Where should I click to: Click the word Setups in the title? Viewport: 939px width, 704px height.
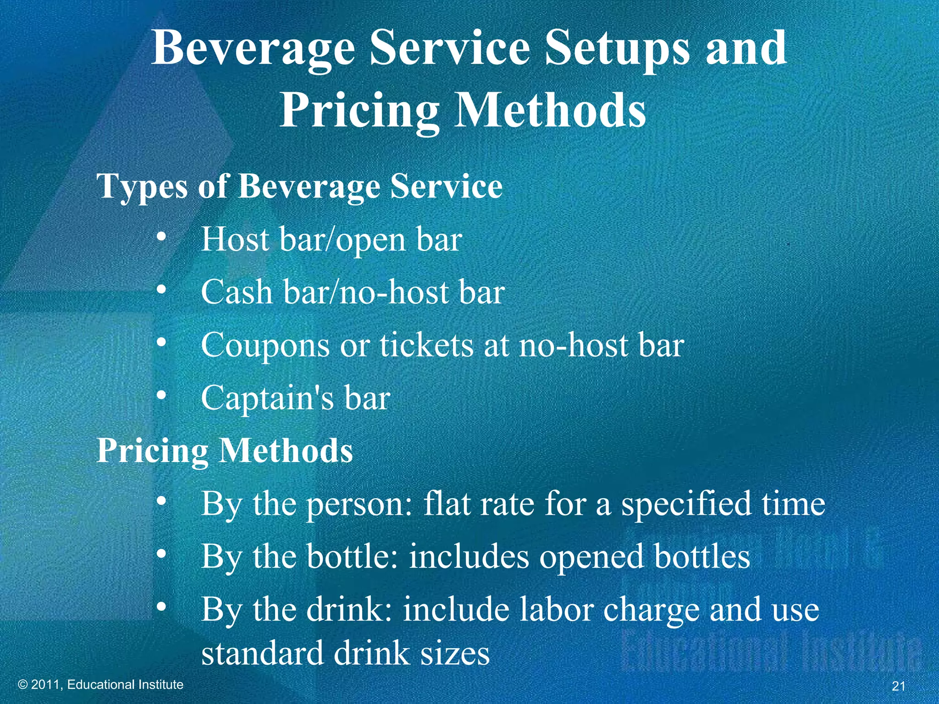617,49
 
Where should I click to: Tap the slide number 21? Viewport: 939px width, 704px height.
899,686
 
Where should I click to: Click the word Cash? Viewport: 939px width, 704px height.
237,292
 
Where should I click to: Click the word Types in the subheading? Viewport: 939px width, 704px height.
143,187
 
